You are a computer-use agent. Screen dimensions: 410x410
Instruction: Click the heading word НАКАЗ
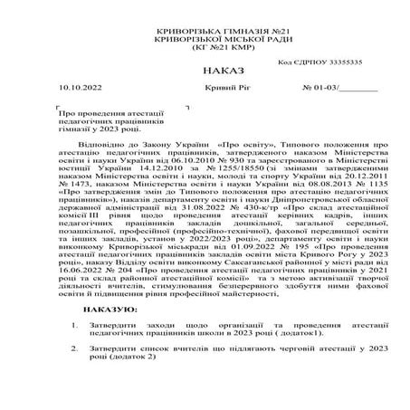(x=205, y=69)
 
